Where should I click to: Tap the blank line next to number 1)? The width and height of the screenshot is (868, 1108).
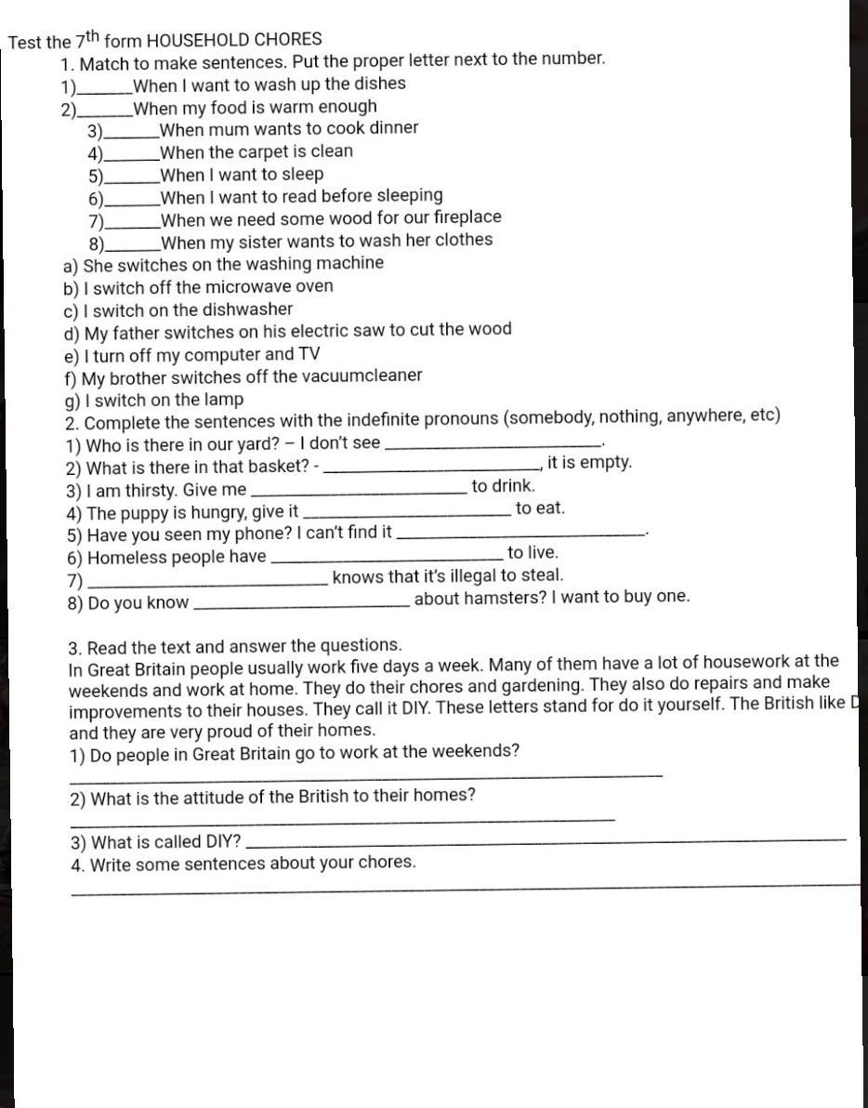105,89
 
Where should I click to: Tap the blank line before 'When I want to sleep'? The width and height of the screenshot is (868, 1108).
131,180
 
